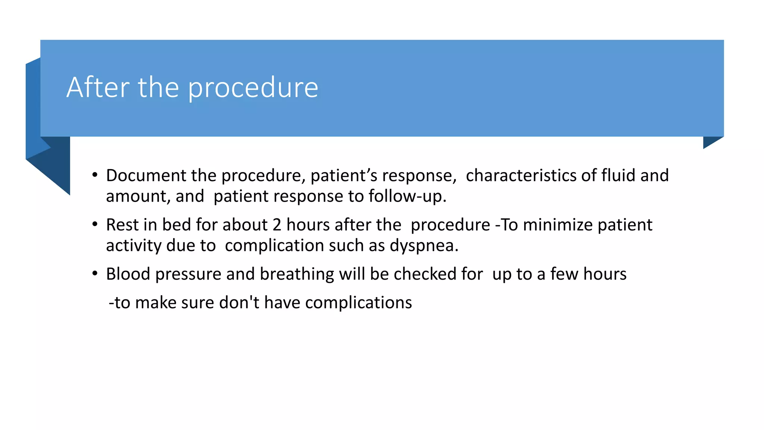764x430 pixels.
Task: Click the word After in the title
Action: tap(98, 87)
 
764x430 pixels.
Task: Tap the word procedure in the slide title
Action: tap(253, 88)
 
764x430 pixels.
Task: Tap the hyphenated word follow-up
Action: tap(407, 196)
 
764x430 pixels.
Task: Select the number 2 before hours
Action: tap(277, 225)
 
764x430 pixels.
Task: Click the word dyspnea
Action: tap(424, 246)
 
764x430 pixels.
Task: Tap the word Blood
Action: tap(128, 274)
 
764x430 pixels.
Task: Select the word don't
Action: tap(239, 302)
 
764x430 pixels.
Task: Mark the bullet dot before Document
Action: tap(95, 175)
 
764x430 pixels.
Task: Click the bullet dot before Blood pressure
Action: tap(95, 274)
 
